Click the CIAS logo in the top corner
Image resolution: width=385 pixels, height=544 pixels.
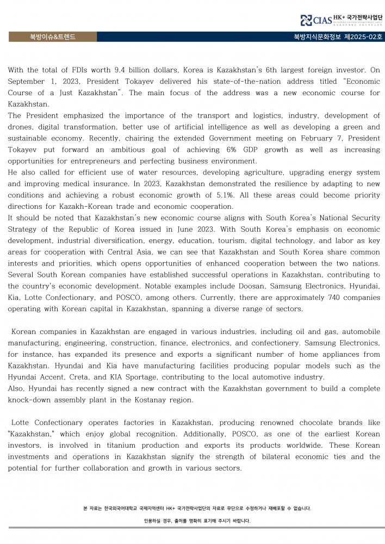click(x=316, y=21)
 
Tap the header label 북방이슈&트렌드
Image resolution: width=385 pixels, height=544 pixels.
click(x=53, y=37)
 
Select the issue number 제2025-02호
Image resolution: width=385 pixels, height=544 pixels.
click(x=363, y=37)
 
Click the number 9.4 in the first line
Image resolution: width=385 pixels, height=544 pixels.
click(x=122, y=70)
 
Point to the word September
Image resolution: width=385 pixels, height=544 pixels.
click(x=26, y=82)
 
